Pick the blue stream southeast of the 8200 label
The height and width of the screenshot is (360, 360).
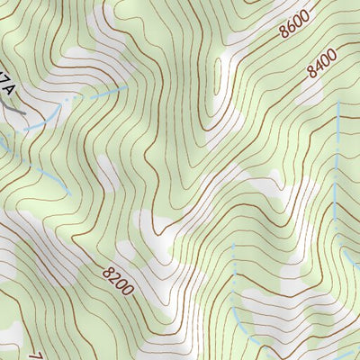pyautogui.click(x=236, y=297)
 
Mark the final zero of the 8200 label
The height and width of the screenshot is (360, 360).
pyautogui.click(x=129, y=291)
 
